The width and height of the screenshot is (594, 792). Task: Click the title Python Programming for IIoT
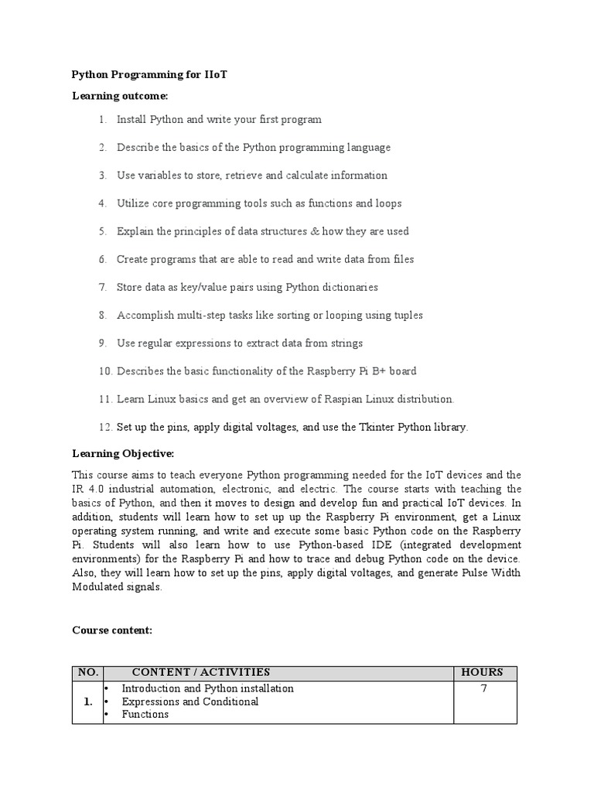pyautogui.click(x=149, y=75)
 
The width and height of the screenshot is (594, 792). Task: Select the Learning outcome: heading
pyautogui.click(x=120, y=96)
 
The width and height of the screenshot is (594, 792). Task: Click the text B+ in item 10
pyautogui.click(x=380, y=371)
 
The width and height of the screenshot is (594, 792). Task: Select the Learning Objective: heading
pyautogui.click(x=123, y=453)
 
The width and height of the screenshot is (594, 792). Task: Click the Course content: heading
pyautogui.click(x=112, y=630)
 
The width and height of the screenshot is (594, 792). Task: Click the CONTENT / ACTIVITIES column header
pyautogui.click(x=201, y=672)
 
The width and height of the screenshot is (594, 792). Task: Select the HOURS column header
pyautogui.click(x=482, y=672)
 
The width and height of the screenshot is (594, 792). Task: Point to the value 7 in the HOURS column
pyautogui.click(x=483, y=688)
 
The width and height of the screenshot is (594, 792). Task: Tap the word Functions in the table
pyautogui.click(x=145, y=715)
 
